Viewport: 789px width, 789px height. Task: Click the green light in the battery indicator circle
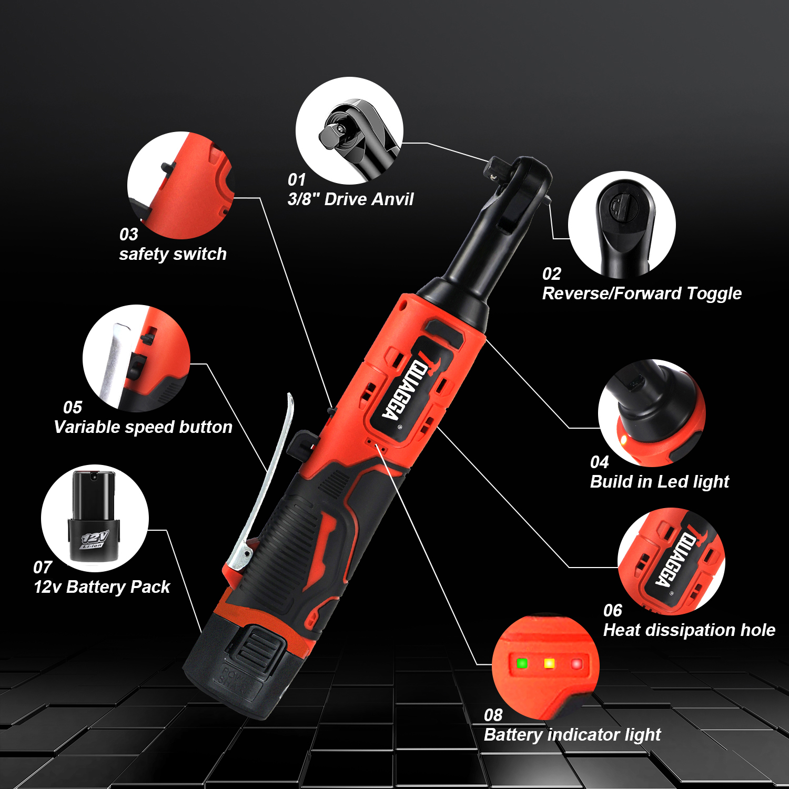522,663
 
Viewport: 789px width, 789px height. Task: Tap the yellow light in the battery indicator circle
549,664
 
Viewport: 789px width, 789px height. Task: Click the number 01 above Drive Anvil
297,180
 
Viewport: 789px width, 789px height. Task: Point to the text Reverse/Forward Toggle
642,294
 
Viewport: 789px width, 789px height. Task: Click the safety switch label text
173,254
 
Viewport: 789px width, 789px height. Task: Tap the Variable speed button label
143,427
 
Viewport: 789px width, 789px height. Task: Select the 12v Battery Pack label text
102,587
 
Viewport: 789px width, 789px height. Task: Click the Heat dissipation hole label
689,630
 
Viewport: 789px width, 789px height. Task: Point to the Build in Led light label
660,482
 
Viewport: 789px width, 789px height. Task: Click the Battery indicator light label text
572,735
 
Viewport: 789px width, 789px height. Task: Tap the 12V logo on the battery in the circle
95,539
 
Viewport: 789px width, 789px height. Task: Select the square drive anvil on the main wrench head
495,168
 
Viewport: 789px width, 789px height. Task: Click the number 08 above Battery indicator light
493,715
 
